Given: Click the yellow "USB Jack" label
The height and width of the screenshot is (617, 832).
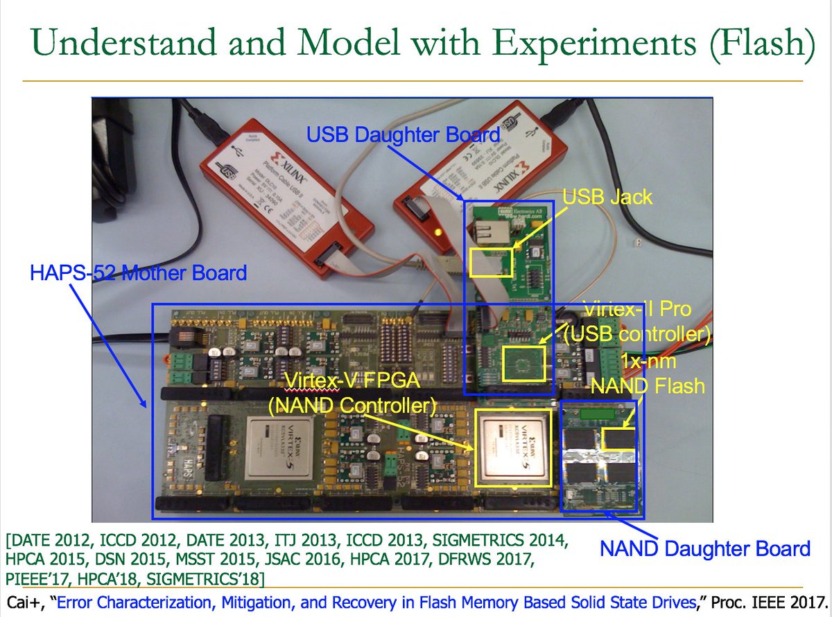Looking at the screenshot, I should click(x=607, y=197).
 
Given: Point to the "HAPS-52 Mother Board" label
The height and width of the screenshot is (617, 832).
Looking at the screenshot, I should click(x=138, y=273).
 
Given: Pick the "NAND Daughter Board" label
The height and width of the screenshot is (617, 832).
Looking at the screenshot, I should click(x=704, y=549).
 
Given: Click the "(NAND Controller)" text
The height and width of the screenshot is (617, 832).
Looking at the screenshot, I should click(x=353, y=404).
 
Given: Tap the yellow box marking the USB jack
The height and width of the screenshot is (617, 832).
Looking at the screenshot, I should click(x=491, y=263).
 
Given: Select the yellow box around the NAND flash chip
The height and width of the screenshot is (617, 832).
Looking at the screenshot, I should click(x=618, y=440).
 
